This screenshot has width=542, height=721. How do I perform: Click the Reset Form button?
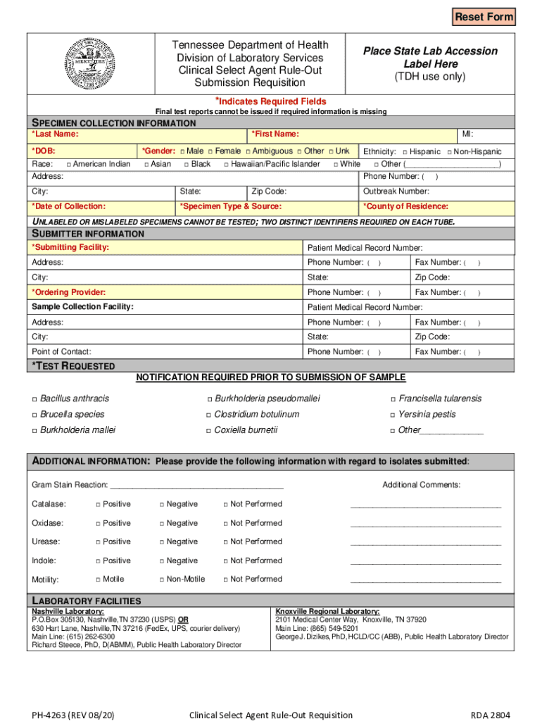[x=484, y=16]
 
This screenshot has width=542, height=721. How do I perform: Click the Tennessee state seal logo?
[x=88, y=63]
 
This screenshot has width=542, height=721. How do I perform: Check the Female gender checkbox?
[x=210, y=151]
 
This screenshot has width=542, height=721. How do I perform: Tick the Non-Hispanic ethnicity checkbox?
[x=450, y=152]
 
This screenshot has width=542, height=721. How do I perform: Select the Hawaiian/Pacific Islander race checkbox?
[x=226, y=165]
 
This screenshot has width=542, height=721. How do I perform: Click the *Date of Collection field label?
[x=69, y=206]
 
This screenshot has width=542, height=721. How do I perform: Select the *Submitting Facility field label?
[x=70, y=247]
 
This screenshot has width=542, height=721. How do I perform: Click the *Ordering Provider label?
[x=69, y=292]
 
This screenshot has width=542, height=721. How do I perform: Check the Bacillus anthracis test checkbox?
[x=34, y=399]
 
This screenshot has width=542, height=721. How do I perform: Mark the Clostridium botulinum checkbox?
[x=208, y=415]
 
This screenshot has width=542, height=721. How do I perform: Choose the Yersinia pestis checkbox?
[x=393, y=415]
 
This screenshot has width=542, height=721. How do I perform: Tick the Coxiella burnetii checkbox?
[x=208, y=430]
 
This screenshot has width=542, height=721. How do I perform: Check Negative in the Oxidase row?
[x=161, y=523]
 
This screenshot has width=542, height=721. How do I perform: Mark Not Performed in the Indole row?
[x=225, y=561]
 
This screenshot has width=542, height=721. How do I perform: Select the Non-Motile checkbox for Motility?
[x=161, y=579]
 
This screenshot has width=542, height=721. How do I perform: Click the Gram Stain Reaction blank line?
[x=197, y=485]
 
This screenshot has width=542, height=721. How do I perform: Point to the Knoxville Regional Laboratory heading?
[x=327, y=611]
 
